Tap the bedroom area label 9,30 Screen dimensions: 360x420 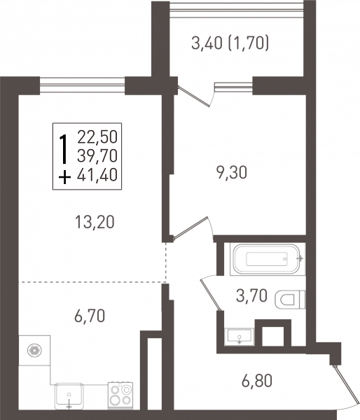[232, 173]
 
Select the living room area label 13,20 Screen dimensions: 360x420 [95, 222]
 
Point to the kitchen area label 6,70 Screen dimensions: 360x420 [90, 316]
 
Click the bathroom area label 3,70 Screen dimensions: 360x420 [251, 295]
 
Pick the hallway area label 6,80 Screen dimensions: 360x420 [257, 381]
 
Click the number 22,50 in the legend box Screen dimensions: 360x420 [97, 136]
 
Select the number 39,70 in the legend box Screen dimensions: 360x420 [97, 156]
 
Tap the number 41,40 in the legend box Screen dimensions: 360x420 [97, 176]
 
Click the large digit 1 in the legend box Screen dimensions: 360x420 [64, 149]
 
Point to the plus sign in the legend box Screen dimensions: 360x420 [64, 177]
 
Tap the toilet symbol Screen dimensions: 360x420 [290, 300]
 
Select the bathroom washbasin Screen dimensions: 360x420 [240, 336]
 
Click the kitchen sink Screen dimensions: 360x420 [69, 396]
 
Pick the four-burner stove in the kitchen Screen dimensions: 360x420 [120, 395]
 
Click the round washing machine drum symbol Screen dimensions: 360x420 [34, 351]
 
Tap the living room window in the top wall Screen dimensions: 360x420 [82, 85]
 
